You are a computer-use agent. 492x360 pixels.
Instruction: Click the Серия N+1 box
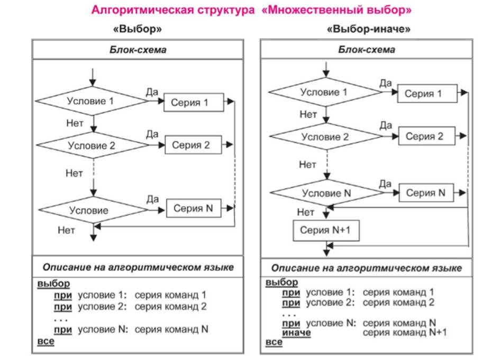click(326, 231)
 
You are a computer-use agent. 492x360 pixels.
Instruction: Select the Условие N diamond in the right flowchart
click(326, 193)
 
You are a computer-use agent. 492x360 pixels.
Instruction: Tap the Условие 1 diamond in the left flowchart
click(92, 101)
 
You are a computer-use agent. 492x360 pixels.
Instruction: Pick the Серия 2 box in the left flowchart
click(193, 145)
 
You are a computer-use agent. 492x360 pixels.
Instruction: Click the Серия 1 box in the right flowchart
click(427, 93)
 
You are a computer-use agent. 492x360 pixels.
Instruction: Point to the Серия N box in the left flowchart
click(194, 208)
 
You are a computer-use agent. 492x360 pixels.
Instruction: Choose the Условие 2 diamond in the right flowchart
click(326, 137)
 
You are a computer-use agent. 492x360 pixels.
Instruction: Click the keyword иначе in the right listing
click(296, 332)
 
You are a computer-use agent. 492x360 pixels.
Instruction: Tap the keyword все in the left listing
click(45, 341)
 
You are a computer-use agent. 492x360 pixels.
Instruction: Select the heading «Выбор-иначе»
click(368, 29)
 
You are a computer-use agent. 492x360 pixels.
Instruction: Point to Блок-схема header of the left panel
click(138, 50)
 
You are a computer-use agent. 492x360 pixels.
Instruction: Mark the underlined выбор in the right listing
click(281, 282)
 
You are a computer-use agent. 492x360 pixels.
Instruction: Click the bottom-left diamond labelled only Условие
click(93, 210)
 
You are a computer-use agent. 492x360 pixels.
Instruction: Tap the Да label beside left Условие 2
click(152, 134)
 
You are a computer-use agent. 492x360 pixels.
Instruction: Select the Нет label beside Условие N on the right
click(306, 212)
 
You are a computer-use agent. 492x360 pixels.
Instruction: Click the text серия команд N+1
click(405, 332)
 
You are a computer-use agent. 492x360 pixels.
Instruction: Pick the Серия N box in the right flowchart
click(426, 193)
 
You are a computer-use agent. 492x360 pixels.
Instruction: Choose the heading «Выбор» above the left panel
click(138, 29)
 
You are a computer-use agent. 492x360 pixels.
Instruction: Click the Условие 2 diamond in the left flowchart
click(93, 145)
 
